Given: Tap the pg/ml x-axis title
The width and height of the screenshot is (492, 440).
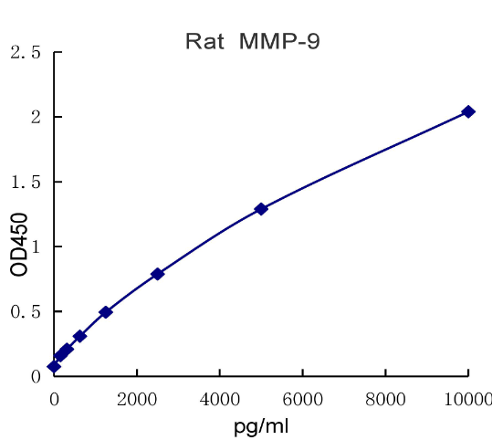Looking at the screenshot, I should [262, 424].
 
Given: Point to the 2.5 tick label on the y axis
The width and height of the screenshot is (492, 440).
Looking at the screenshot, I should [26, 53].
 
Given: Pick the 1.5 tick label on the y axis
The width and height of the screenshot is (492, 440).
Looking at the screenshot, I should [26, 183].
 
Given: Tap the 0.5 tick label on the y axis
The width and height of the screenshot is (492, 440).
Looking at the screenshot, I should [26, 312].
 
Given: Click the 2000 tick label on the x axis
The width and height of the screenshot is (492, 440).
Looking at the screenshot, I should [137, 397].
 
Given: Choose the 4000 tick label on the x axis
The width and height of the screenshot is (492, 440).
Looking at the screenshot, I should [220, 397].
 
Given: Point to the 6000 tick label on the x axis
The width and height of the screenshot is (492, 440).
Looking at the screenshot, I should [303, 397].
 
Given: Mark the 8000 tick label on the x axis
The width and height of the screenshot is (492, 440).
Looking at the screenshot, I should [385, 397].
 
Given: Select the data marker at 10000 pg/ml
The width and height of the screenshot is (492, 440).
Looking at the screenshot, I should [468, 111].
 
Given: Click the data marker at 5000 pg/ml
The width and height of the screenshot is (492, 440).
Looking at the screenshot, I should [261, 209].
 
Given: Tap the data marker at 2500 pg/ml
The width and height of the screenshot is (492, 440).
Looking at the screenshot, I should [157, 274].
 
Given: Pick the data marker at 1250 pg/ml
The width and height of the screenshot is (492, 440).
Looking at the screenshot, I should [106, 312].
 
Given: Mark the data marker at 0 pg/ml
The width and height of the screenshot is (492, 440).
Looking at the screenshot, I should [54, 366].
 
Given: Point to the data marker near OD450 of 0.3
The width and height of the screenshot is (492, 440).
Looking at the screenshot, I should [79, 336].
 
